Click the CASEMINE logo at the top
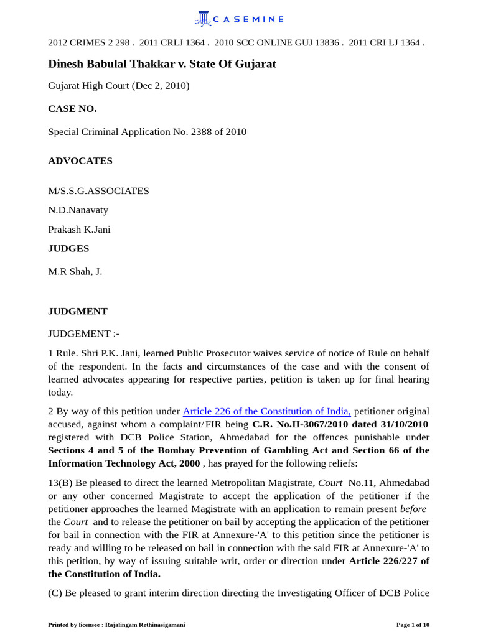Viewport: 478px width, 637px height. [x=239, y=19]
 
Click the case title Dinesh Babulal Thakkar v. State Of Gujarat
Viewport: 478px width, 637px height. [x=162, y=64]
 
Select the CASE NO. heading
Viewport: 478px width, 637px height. [x=72, y=109]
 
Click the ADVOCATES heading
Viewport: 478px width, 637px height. [x=80, y=160]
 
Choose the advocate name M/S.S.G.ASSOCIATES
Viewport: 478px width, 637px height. [x=98, y=191]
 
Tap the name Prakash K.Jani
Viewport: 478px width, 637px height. [x=79, y=230]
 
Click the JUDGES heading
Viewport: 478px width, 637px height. [x=68, y=249]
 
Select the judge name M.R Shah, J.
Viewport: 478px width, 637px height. [x=75, y=272]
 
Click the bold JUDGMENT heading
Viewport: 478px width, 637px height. [x=78, y=311]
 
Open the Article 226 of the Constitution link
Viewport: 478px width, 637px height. [x=266, y=411]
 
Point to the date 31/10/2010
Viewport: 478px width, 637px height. [x=404, y=424]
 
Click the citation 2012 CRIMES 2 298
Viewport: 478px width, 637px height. [x=89, y=43]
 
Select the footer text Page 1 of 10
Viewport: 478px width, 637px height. [x=413, y=625]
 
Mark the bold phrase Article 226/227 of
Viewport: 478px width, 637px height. [x=389, y=561]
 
